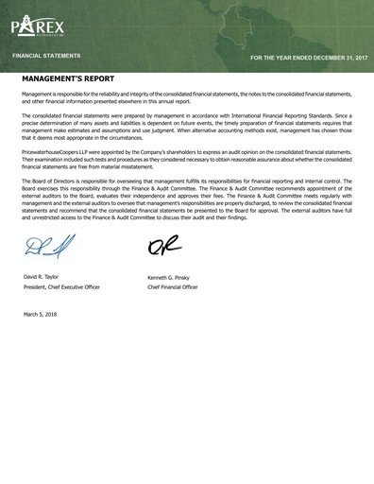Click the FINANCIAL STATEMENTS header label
coord(45,57)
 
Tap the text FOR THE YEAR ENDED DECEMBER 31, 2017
coord(309,58)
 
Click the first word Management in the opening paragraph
coord(38,95)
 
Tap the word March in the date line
coord(30,313)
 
